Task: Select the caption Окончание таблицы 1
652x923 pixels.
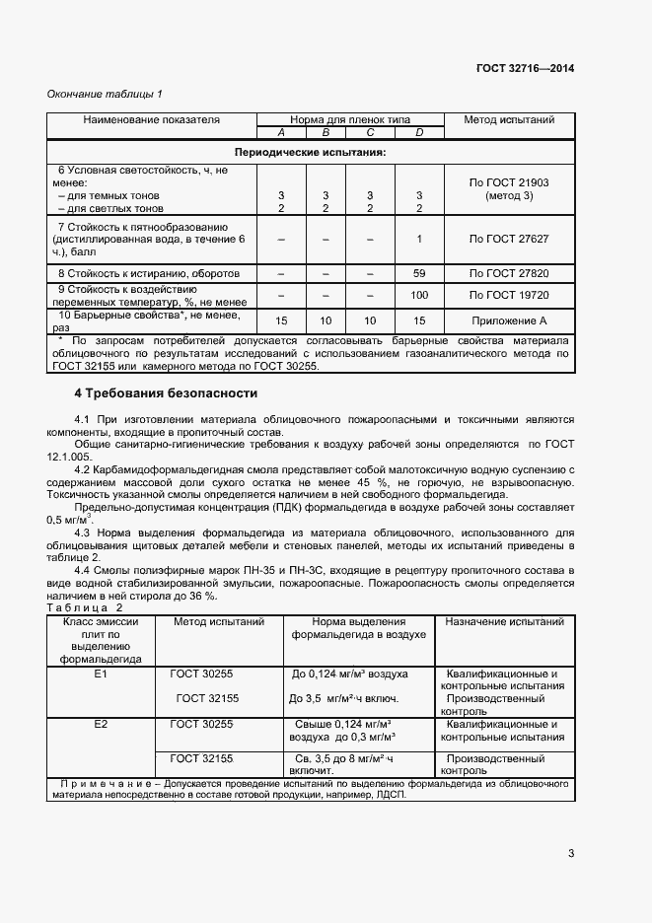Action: tap(106, 95)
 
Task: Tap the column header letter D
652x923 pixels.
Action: tap(419, 132)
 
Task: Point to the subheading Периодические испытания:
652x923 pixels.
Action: tap(310, 153)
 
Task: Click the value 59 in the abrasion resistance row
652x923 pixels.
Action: tap(419, 272)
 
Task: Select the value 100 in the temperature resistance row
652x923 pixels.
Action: tap(419, 295)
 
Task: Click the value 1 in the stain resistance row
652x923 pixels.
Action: tap(419, 239)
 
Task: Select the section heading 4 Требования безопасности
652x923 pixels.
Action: tap(166, 392)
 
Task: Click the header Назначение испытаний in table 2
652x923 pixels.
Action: tap(504, 622)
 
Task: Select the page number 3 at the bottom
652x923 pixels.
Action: tap(571, 854)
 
